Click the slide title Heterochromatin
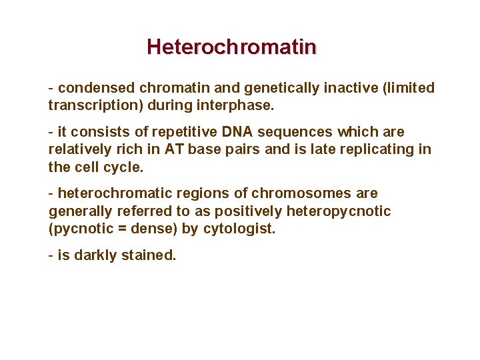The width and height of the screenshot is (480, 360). click(x=231, y=47)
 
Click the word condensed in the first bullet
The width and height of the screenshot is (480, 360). click(x=95, y=88)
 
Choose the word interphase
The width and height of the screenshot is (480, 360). click(x=229, y=105)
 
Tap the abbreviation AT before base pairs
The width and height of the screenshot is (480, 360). click(x=171, y=149)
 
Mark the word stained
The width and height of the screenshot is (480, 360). click(x=148, y=255)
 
